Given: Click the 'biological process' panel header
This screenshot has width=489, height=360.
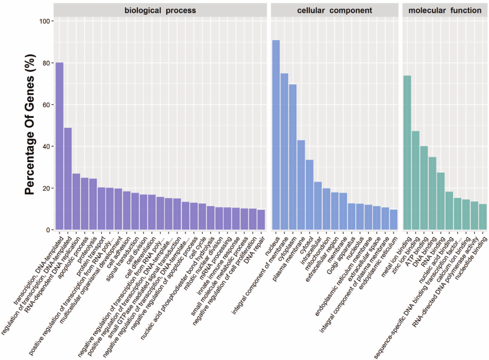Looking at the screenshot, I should pos(160,10).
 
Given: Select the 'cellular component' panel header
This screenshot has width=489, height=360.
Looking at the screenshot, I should pos(334,10).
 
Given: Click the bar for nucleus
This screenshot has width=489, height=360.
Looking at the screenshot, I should pos(276,135).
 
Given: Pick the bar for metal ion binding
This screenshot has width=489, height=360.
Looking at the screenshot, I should pos(407,153).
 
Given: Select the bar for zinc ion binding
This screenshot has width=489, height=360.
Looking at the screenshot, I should pos(415,180).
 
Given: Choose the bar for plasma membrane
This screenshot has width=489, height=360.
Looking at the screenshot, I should pos(301,185).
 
